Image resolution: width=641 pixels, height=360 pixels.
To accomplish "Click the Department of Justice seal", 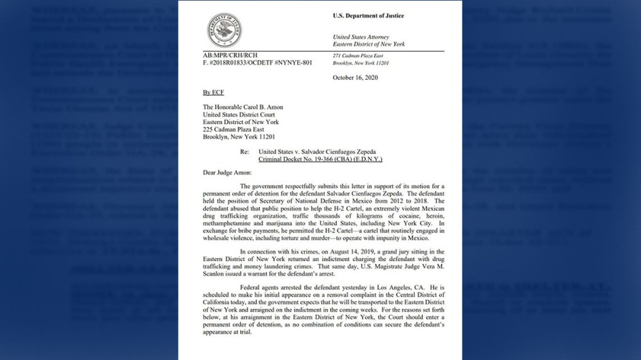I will (224, 30).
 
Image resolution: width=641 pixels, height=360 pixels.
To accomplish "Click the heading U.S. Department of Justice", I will (368, 16).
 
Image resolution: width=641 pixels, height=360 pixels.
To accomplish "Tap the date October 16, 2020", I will (355, 78).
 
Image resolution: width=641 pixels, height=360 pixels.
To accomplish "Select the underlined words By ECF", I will (213, 92).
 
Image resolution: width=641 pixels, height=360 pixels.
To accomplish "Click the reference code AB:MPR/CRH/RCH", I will (230, 55).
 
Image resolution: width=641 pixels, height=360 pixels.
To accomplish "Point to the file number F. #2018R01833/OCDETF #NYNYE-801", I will (257, 63).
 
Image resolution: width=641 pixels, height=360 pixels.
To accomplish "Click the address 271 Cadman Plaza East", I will (357, 55).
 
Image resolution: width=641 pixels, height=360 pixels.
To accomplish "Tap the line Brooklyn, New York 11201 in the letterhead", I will (361, 63).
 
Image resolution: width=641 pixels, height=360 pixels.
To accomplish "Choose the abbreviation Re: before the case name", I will (244, 151).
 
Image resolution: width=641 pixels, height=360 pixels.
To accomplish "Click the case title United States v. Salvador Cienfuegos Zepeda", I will (316, 151).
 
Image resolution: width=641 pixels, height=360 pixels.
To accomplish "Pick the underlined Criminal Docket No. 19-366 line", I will (320, 159).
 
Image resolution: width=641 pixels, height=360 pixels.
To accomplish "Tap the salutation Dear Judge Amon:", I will (227, 173).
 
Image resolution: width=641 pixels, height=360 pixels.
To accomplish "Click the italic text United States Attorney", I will (361, 37).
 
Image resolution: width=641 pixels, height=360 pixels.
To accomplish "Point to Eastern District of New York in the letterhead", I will (368, 44).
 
